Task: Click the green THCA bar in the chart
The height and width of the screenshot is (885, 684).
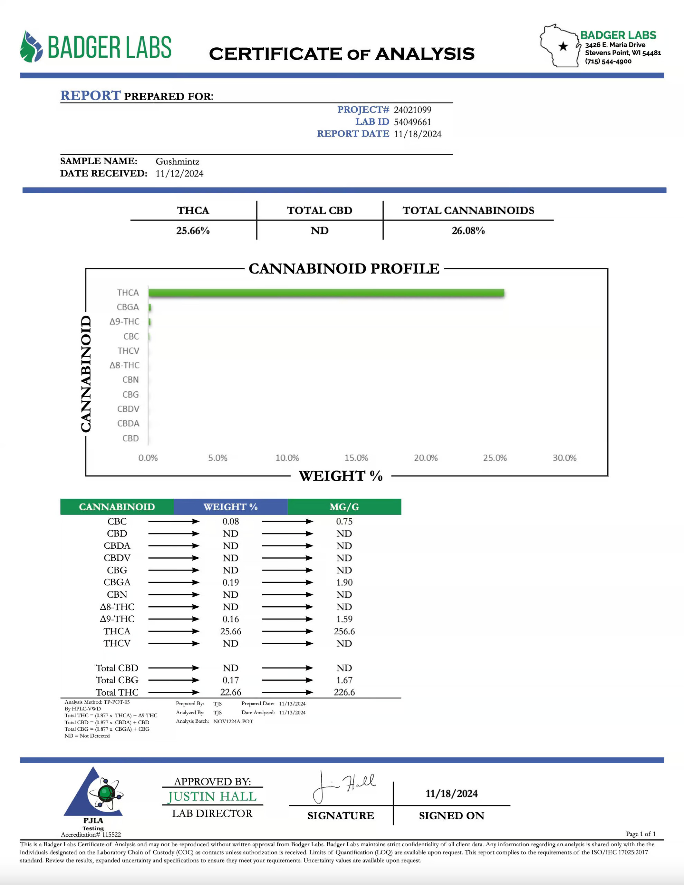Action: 326,292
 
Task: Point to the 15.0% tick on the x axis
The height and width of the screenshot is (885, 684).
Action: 356,458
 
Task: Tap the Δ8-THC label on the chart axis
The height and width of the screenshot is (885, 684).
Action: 124,365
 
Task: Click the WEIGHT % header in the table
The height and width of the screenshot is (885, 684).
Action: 231,507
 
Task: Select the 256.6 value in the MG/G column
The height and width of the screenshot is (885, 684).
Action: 344,631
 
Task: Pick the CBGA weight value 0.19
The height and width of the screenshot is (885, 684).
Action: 231,582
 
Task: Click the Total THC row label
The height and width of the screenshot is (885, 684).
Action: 117,692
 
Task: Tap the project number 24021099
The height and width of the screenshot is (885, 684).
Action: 412,110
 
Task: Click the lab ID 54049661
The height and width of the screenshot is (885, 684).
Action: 412,122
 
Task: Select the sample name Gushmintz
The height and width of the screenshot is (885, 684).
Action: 178,161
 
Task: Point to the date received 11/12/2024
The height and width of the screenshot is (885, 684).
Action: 179,174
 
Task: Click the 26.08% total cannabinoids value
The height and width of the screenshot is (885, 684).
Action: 468,231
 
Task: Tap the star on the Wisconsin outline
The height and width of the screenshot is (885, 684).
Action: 563,46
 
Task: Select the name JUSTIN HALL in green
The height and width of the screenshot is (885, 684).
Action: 212,796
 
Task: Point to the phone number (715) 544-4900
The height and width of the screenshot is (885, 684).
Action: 608,61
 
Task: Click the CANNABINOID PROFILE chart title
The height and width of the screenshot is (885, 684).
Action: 344,269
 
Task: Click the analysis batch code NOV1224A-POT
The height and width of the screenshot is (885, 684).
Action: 233,721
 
